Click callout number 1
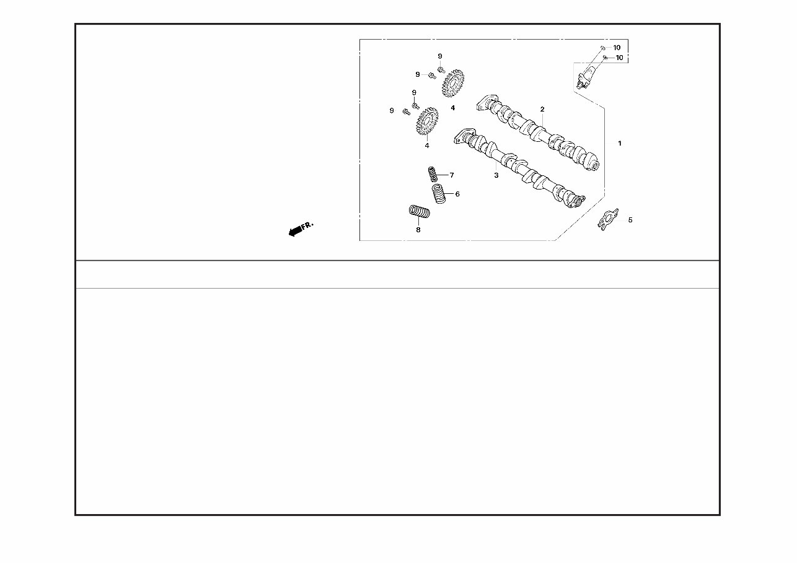(x=620, y=143)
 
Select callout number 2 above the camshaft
(x=542, y=109)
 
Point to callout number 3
(x=496, y=175)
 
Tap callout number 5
(x=630, y=220)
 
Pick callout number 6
(x=457, y=194)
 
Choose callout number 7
(x=452, y=175)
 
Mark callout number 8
(x=418, y=230)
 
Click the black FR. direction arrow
(x=295, y=232)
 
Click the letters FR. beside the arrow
(x=307, y=225)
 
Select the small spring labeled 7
(x=433, y=174)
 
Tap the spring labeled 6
(x=439, y=193)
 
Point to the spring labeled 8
(x=419, y=211)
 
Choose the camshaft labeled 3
(x=519, y=168)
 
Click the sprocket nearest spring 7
(x=427, y=121)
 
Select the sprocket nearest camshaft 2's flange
(x=453, y=84)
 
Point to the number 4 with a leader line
(x=427, y=146)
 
